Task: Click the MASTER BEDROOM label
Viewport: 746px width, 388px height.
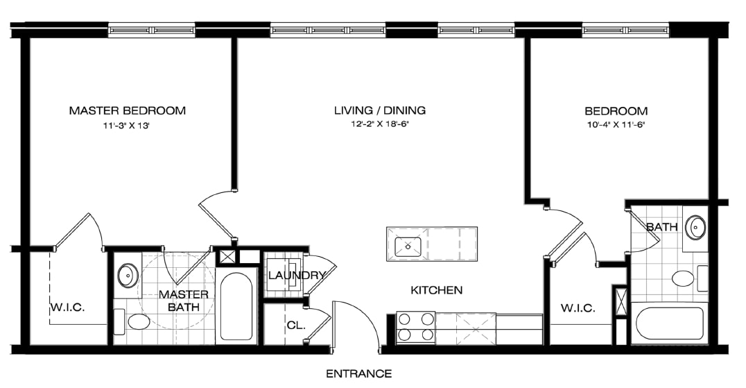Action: tap(127, 110)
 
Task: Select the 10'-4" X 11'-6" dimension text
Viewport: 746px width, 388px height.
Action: tap(616, 126)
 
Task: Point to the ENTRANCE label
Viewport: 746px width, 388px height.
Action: tap(358, 374)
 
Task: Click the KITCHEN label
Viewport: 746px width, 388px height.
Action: tap(436, 290)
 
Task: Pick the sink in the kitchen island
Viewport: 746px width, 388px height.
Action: tap(408, 245)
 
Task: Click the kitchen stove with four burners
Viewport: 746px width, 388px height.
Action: tap(415, 327)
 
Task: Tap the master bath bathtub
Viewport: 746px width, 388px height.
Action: tap(236, 306)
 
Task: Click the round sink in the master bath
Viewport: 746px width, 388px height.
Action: tap(128, 275)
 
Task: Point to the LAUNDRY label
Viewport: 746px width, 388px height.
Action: tap(297, 276)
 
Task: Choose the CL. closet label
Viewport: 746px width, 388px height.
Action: tap(295, 326)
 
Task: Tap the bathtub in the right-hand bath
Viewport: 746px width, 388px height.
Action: tap(669, 323)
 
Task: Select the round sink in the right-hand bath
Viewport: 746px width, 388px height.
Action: tap(695, 227)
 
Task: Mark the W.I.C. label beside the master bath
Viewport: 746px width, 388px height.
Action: tap(67, 307)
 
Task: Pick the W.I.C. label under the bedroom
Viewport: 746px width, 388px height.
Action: tap(577, 308)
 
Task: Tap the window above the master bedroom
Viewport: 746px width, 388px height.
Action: tap(152, 30)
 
